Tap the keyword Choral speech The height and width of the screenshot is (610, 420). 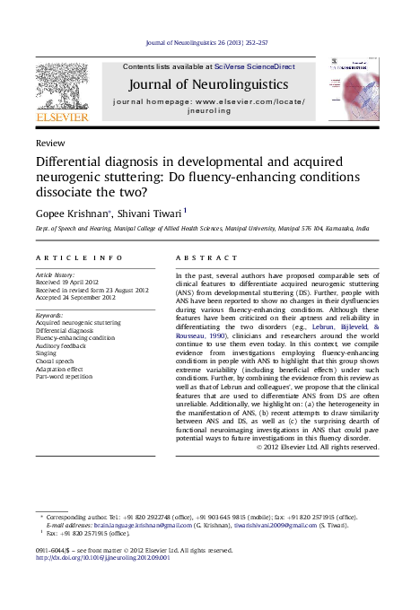pos(55,361)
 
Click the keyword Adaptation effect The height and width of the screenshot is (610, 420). pos(59,368)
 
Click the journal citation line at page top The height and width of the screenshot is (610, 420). pos(210,42)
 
